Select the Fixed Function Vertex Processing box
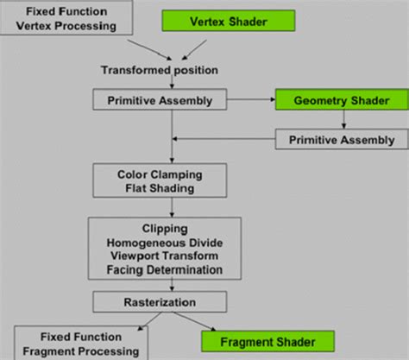[x=67, y=18]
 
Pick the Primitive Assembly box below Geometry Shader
[x=342, y=140]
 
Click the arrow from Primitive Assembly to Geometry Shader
[x=255, y=100]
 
